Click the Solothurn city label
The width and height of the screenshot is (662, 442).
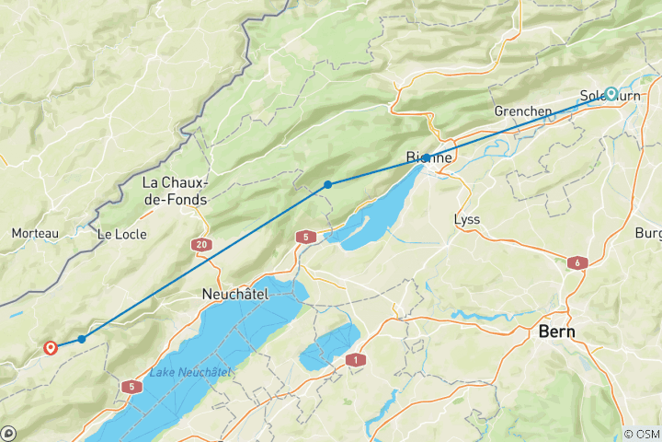[603, 95]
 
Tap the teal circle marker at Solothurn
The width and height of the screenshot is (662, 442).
[611, 93]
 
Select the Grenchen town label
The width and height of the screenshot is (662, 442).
[522, 111]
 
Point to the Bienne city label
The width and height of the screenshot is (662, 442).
[429, 157]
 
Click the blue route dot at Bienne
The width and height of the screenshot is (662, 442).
[427, 158]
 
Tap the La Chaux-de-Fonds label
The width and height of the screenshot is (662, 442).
[175, 191]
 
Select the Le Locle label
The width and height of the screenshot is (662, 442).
[117, 234]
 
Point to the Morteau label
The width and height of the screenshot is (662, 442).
[35, 234]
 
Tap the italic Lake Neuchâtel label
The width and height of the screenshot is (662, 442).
[190, 372]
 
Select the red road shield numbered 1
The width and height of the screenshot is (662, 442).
[355, 360]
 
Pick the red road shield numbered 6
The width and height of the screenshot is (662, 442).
[576, 262]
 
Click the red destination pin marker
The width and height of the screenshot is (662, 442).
[51, 347]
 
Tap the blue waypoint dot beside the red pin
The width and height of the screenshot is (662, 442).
[82, 339]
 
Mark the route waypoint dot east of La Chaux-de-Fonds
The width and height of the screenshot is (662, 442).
[327, 185]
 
